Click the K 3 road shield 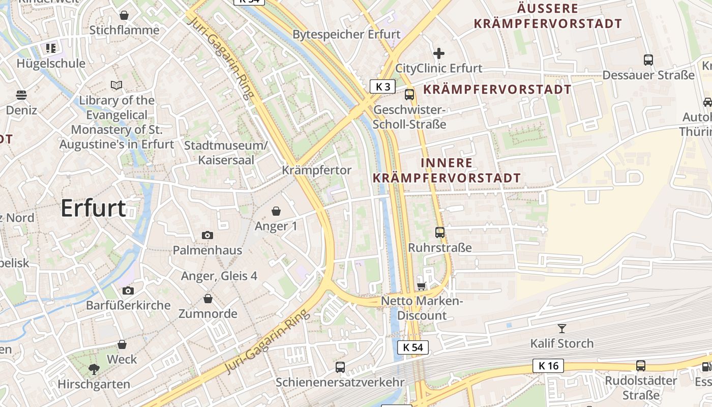pos(382,86)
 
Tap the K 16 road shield pos(548,365)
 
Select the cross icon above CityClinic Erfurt pos(438,53)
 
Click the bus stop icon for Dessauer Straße pos(648,60)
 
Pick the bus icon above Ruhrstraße pos(440,232)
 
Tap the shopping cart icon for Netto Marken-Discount pos(421,286)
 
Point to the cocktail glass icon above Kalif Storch pos(561,328)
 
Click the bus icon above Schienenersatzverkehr pos(340,367)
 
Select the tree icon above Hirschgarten pos(94,369)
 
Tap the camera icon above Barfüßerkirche pos(128,290)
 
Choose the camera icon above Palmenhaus pos(207,235)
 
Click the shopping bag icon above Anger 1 pos(276,211)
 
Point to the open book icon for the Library pos(116,85)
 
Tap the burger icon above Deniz pos(21,95)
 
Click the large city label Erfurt pos(94,209)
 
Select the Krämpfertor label pos(316,170)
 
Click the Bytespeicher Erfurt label pos(347,35)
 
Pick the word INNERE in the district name pos(447,163)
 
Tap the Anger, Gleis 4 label pos(219,276)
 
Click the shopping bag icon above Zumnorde pos(207,299)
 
